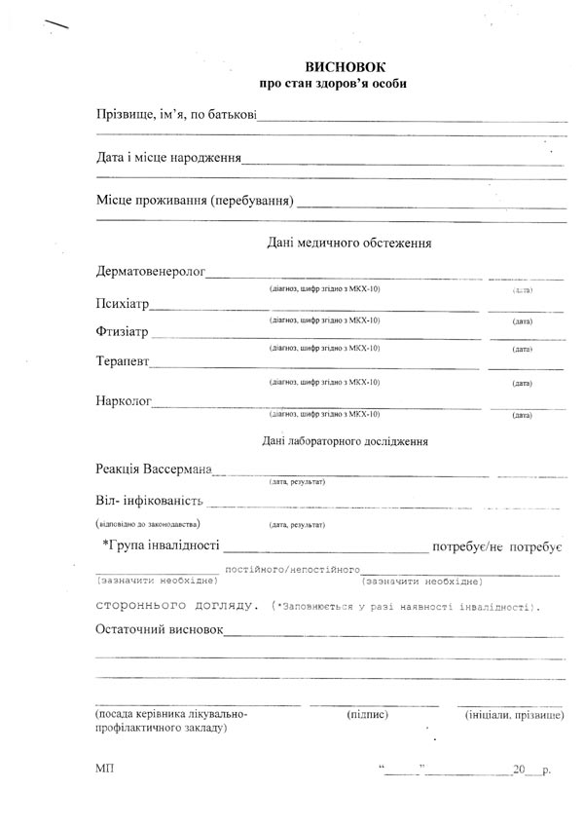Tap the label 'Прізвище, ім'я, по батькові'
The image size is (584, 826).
tap(176, 116)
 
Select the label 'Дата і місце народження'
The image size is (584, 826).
tap(168, 158)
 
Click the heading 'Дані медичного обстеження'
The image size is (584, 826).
tap(348, 242)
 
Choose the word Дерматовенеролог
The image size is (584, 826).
tap(150, 271)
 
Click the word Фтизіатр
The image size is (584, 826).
tap(123, 332)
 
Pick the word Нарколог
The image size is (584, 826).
tap(124, 401)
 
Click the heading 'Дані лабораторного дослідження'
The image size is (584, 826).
tap(346, 440)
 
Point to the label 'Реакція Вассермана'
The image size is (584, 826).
tap(154, 470)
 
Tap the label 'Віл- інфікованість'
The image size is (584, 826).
tap(149, 502)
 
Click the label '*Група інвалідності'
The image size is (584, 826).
tap(161, 544)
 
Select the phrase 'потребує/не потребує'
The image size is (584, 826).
tap(498, 546)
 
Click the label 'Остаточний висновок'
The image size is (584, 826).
tap(160, 629)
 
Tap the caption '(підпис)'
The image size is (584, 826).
tap(367, 714)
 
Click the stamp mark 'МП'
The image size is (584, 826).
tap(105, 769)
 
